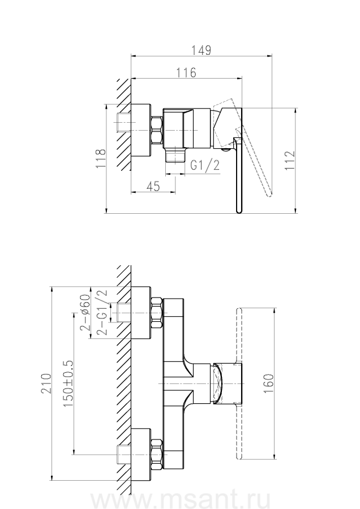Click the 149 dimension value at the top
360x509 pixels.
pyautogui.click(x=201, y=50)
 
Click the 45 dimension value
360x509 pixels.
pyautogui.click(x=152, y=187)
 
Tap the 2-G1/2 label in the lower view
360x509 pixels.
pyautogui.click(x=102, y=312)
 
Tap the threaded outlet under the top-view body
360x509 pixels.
pyautogui.click(x=177, y=154)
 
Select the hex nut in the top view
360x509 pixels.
pyautogui.click(x=156, y=131)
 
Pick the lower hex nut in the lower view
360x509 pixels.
pyautogui.click(x=156, y=454)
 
